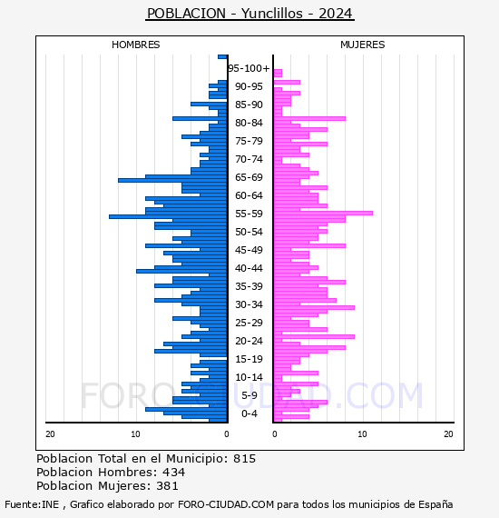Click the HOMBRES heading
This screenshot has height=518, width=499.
(135, 45)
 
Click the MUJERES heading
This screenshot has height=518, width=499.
(363, 45)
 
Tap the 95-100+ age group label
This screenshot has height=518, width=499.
(249, 68)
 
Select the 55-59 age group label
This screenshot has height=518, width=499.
(249, 214)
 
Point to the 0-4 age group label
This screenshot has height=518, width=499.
(249, 413)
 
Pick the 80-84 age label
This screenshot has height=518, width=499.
(249, 123)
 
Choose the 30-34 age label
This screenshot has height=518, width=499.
(249, 304)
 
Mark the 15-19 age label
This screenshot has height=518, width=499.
(249, 359)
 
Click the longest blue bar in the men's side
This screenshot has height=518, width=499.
(168, 216)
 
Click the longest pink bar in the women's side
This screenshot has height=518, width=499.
(323, 213)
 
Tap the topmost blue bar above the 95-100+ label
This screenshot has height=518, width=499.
(222, 57)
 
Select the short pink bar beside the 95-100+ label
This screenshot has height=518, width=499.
(278, 73)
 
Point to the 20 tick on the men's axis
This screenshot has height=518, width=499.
(50, 434)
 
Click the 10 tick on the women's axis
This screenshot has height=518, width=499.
(362, 434)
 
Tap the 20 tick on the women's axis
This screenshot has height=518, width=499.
(448, 434)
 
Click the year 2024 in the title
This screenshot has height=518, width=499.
(336, 14)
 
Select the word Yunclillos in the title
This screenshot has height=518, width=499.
(272, 14)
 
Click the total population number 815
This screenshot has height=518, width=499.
(244, 459)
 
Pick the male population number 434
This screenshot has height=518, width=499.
(174, 472)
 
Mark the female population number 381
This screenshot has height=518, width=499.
(167, 485)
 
